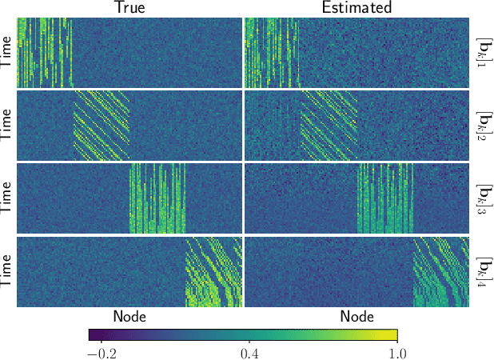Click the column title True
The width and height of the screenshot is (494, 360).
129,8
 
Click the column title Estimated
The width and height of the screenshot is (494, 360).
357,8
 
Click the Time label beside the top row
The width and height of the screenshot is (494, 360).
7,53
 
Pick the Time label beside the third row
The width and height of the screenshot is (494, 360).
7,198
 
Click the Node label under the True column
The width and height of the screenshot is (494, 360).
129,316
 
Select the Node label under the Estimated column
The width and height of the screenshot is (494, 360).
357,316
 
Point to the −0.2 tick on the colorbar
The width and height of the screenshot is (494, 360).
101,352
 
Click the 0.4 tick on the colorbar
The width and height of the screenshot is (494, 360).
248,352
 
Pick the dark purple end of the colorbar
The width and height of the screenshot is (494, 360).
93,334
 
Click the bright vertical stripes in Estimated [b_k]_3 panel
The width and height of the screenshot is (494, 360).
384,198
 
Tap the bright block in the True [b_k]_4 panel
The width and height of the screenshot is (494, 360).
213,272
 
